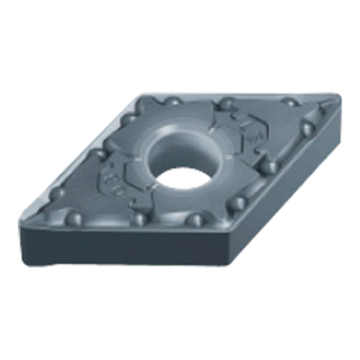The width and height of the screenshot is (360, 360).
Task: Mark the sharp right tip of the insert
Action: [338, 95]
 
